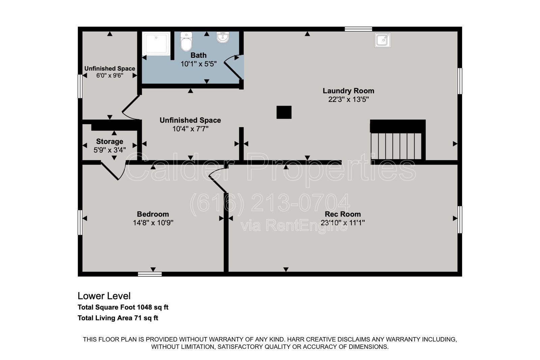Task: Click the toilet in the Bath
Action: tap(186, 41)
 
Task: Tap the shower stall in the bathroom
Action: tap(156, 44)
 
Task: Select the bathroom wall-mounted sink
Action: tap(223, 37)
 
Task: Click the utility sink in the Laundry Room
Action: tap(383, 40)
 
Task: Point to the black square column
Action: tap(284, 112)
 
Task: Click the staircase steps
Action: tap(396, 146)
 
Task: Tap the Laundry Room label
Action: tap(348, 91)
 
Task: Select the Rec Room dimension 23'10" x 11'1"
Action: tap(343, 223)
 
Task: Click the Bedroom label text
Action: tap(153, 214)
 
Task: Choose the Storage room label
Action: tap(109, 141)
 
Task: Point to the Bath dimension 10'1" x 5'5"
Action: tap(199, 64)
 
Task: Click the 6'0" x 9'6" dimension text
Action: tap(110, 76)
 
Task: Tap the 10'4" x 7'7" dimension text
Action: tap(190, 129)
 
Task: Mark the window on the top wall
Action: tap(358, 29)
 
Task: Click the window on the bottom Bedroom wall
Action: tap(150, 274)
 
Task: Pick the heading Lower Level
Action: tap(104, 296)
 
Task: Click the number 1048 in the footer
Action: tap(144, 307)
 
